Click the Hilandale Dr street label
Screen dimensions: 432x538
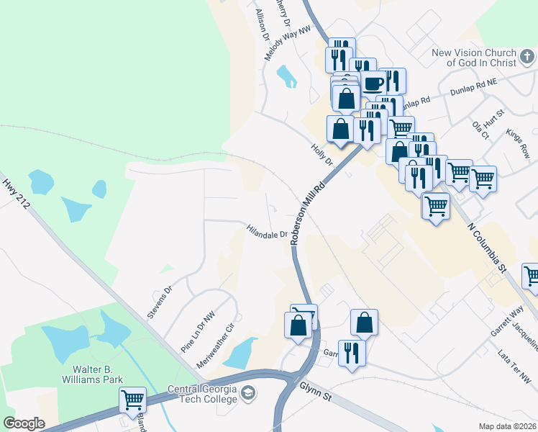[268, 233]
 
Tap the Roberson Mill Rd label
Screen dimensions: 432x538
[307, 214]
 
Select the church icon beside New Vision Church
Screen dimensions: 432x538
[528, 57]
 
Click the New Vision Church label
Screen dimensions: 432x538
[475, 58]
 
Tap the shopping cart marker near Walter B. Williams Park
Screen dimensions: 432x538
[132, 400]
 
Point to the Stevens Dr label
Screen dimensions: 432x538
[160, 301]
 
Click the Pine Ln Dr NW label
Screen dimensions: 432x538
[199, 331]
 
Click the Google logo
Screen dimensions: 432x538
[24, 423]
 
